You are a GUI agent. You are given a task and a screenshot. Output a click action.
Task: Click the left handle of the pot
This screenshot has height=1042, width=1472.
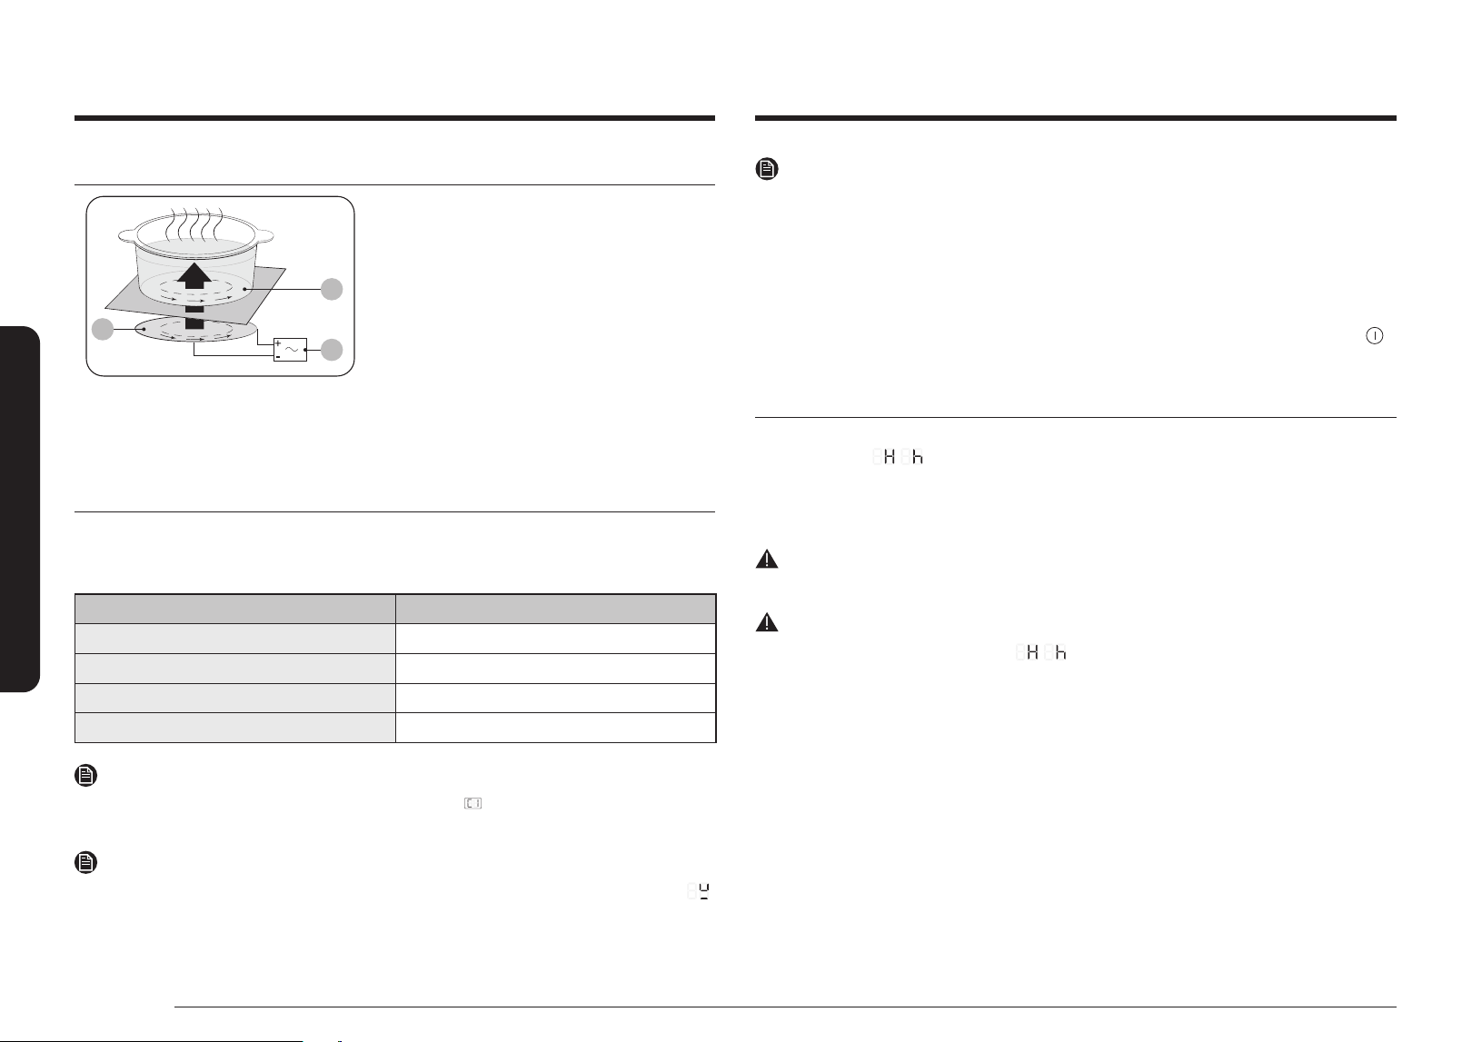[126, 233]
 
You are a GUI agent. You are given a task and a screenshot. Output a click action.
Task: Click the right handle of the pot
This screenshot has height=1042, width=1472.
[264, 235]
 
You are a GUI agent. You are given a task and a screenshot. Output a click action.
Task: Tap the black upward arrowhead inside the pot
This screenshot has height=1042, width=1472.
[194, 276]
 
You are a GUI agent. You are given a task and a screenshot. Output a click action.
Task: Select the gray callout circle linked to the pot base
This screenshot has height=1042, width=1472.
[332, 289]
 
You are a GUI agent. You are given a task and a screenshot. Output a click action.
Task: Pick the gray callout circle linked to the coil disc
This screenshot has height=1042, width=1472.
[103, 329]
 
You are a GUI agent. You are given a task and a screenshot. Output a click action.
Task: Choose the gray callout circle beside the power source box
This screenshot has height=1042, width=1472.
[332, 350]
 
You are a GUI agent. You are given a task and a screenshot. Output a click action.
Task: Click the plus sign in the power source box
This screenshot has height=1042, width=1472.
[279, 343]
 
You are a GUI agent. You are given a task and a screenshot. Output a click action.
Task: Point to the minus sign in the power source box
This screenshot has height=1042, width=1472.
[279, 357]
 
